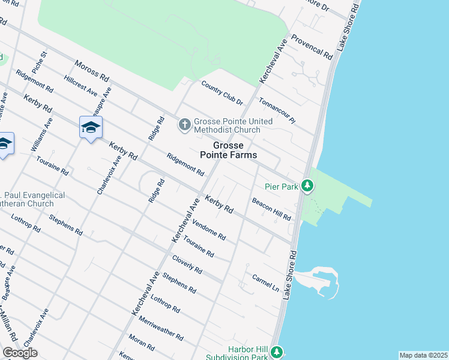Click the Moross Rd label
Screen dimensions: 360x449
[x=91, y=71]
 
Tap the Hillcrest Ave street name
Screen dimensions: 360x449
[x=80, y=86]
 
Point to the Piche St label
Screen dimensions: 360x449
[x=40, y=62]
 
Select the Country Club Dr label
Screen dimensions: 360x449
[x=222, y=93]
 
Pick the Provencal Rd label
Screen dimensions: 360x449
[x=312, y=46]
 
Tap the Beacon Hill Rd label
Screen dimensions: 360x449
[x=271, y=209]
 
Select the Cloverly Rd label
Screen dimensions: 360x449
[x=187, y=265]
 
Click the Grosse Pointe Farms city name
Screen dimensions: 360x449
[x=228, y=150]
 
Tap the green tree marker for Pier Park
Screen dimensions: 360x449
[x=307, y=187]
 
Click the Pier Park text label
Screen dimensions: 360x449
[x=282, y=187]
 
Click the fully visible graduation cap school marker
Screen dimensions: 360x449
[x=91, y=127]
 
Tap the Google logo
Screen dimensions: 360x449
[x=20, y=353]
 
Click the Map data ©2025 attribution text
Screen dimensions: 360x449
[x=423, y=355]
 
